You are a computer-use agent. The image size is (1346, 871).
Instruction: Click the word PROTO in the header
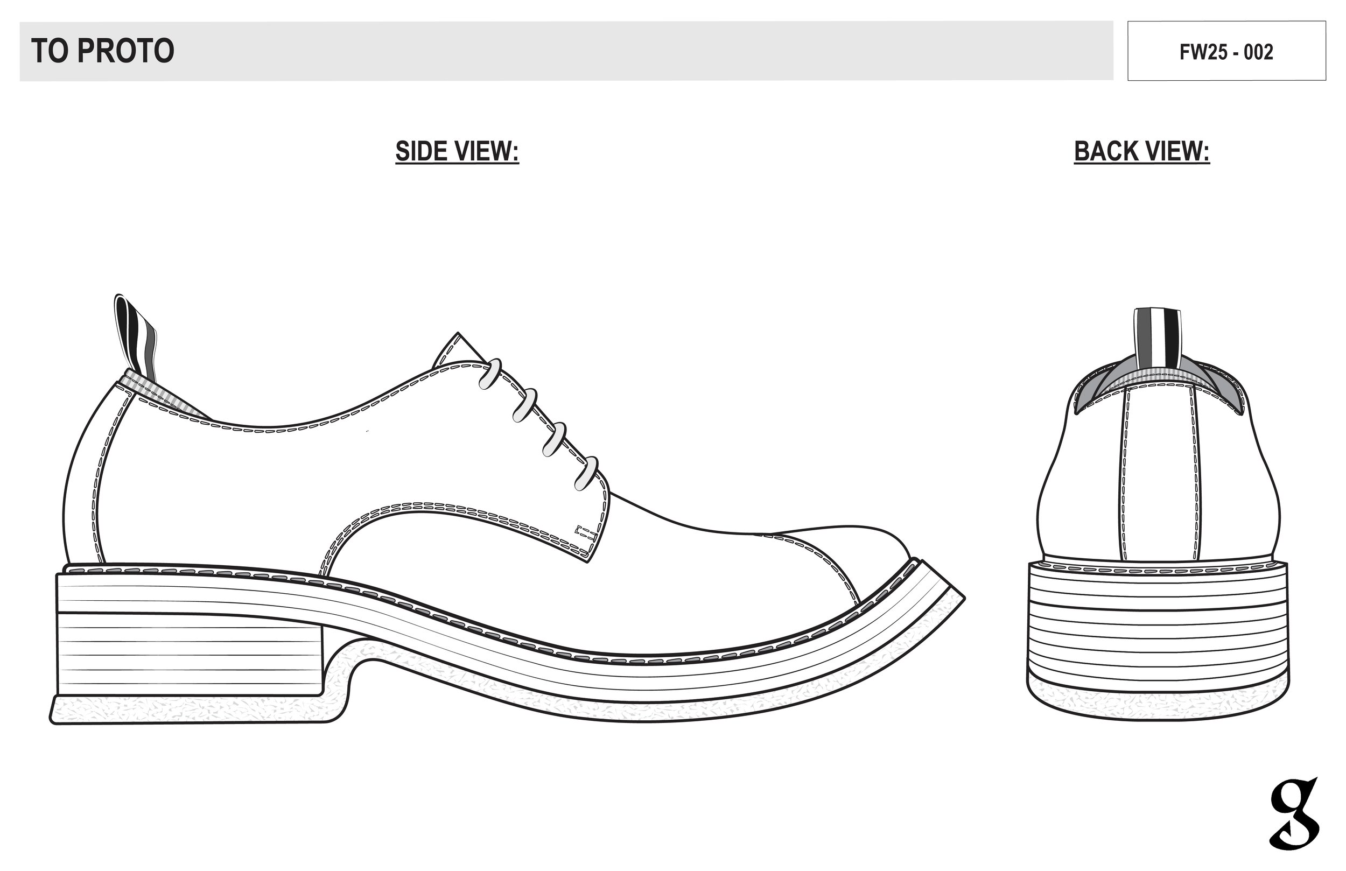coord(125,51)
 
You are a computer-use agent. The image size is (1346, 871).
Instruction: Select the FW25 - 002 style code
coord(1226,52)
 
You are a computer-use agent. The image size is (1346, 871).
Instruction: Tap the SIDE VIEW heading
coord(457,152)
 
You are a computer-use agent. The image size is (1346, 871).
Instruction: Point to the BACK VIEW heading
coord(1141,152)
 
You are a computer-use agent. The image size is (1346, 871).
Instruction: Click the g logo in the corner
coord(1293,814)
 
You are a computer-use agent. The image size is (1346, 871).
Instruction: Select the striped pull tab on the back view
coord(1157,336)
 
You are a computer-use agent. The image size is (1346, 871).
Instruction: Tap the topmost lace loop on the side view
coord(490,374)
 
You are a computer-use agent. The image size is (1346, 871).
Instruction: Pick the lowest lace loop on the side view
coord(586,473)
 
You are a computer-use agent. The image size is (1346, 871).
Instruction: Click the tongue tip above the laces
coord(456,348)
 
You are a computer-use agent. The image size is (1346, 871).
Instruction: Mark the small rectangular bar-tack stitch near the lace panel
coord(586,532)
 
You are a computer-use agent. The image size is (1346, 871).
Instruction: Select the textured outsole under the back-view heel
coord(1158,704)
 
